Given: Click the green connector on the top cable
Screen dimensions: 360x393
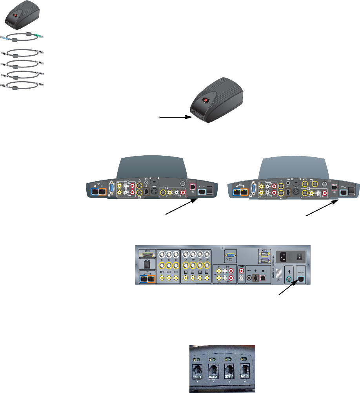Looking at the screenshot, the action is (39, 36).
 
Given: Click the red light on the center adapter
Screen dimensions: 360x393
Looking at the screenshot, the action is (204, 101).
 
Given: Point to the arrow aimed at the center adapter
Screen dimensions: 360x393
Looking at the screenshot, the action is (175, 116).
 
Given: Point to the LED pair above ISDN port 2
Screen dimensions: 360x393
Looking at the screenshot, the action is (212, 359).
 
